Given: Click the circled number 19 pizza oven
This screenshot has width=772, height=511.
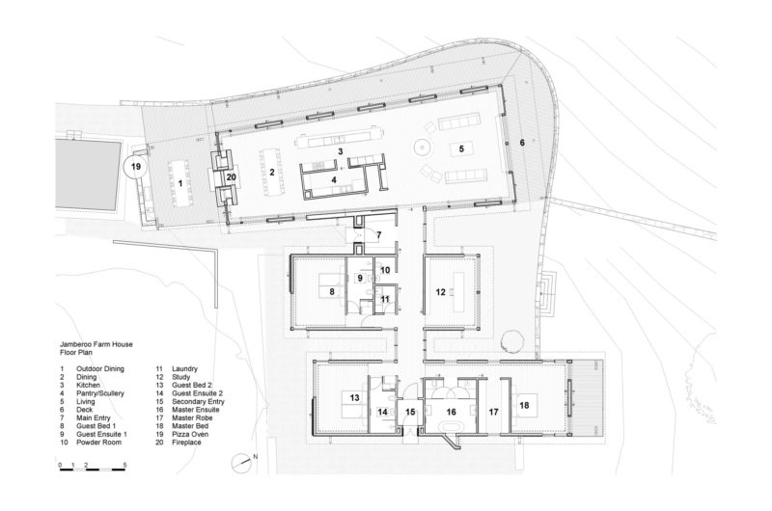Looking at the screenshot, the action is pyautogui.click(x=135, y=166).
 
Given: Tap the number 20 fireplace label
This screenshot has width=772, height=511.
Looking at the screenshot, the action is pyautogui.click(x=231, y=177).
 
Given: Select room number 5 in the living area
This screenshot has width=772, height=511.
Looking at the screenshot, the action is pyautogui.click(x=461, y=148).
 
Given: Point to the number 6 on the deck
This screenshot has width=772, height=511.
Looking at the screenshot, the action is pyautogui.click(x=522, y=143).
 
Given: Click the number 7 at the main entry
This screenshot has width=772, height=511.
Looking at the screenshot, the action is pyautogui.click(x=378, y=235).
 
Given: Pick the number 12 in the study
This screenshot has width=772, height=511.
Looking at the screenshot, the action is pyautogui.click(x=440, y=292).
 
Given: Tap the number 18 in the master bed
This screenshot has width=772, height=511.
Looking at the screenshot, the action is pyautogui.click(x=524, y=405).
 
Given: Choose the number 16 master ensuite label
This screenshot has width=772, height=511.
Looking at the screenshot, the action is pyautogui.click(x=451, y=412).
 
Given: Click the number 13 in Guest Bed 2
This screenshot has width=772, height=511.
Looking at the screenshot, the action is pyautogui.click(x=354, y=397).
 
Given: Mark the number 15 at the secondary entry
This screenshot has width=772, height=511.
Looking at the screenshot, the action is pyautogui.click(x=410, y=412).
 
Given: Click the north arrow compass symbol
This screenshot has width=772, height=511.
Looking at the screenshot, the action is pyautogui.click(x=242, y=462).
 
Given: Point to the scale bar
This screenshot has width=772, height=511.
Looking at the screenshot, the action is pyautogui.click(x=92, y=470).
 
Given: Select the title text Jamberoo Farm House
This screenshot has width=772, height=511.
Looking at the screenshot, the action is pyautogui.click(x=96, y=344).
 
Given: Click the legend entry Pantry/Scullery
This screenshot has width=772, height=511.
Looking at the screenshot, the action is pyautogui.click(x=100, y=393).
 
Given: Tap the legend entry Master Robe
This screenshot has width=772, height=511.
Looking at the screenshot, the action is pyautogui.click(x=190, y=418).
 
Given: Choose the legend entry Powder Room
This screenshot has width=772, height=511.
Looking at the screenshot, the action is pyautogui.click(x=98, y=443).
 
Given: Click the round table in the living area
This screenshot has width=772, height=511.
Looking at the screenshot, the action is pyautogui.click(x=422, y=147).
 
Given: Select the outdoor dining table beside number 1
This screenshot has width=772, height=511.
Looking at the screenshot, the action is pyautogui.click(x=179, y=183).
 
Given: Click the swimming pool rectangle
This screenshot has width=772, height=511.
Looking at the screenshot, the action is pyautogui.click(x=88, y=174).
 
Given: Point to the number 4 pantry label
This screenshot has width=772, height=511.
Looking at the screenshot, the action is pyautogui.click(x=334, y=180).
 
